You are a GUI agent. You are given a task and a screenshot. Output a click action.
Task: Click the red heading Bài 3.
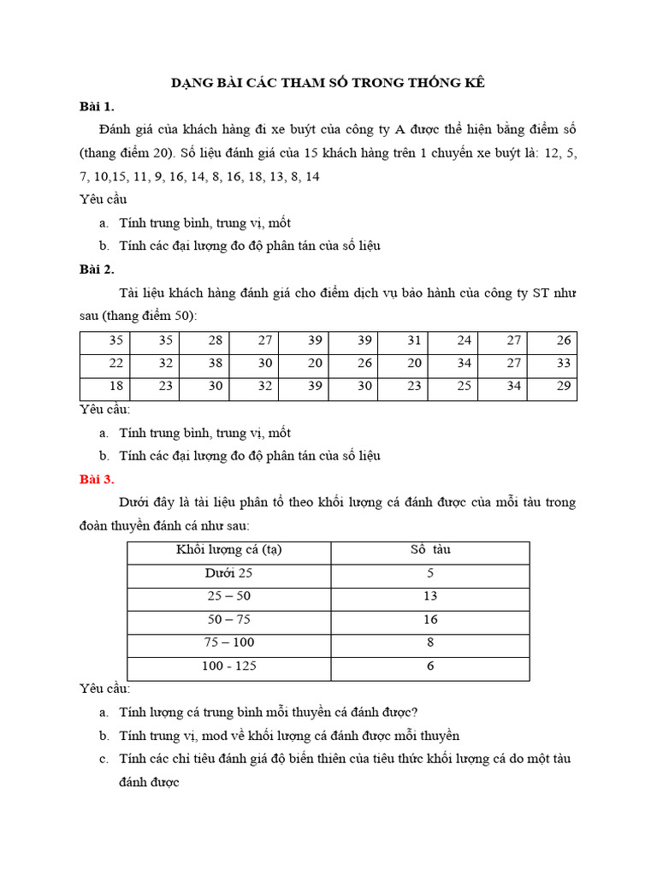point(97,478)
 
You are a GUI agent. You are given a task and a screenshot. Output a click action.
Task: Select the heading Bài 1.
point(97,106)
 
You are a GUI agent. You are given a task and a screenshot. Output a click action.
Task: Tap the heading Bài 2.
point(97,269)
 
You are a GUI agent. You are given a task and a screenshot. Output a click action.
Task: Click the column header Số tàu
point(430,550)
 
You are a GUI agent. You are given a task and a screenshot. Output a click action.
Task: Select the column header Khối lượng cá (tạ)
point(228,550)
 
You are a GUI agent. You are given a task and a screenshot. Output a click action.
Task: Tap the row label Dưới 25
point(228,573)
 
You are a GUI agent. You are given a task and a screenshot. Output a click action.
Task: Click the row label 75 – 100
point(229,642)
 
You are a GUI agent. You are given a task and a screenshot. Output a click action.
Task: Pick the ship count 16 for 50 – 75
point(430,619)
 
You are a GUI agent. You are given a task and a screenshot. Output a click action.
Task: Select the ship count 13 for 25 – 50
point(430,596)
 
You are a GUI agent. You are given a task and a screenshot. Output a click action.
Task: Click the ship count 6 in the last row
point(430,666)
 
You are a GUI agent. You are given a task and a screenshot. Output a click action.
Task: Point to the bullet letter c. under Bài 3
point(103,759)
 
